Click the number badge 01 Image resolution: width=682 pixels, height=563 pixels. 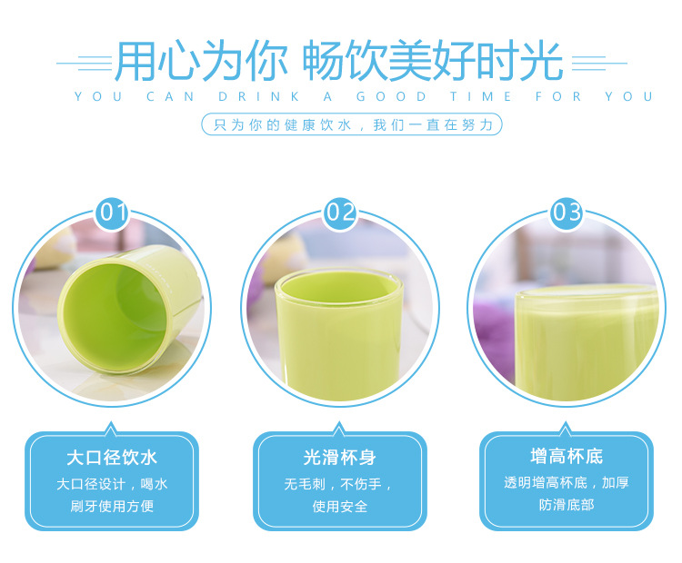pos(113,212)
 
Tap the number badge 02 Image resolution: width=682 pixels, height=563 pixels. pos(340,212)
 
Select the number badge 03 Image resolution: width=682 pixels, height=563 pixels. pos(567,212)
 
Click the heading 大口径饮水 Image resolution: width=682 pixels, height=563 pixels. pos(112,458)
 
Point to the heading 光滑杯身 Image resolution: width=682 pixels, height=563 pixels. pos(340,458)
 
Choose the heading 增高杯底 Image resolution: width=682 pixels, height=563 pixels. pos(567,456)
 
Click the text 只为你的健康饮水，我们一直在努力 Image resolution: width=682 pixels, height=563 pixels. pos(352,125)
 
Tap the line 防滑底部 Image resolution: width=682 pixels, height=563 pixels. pos(567,504)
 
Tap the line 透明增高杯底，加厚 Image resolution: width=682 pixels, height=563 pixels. pos(567,482)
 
